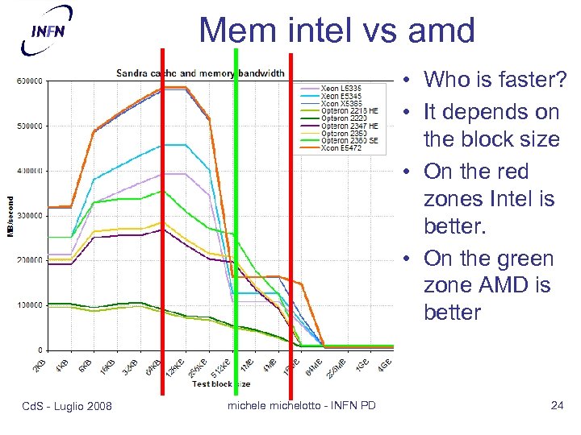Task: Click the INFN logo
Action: click(46, 30)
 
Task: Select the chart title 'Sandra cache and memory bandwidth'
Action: click(199, 73)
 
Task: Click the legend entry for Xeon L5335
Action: click(340, 87)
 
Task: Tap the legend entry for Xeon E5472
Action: click(340, 148)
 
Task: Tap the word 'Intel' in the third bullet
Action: click(511, 198)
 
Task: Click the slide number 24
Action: click(556, 405)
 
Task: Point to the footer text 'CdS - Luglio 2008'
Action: click(66, 405)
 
